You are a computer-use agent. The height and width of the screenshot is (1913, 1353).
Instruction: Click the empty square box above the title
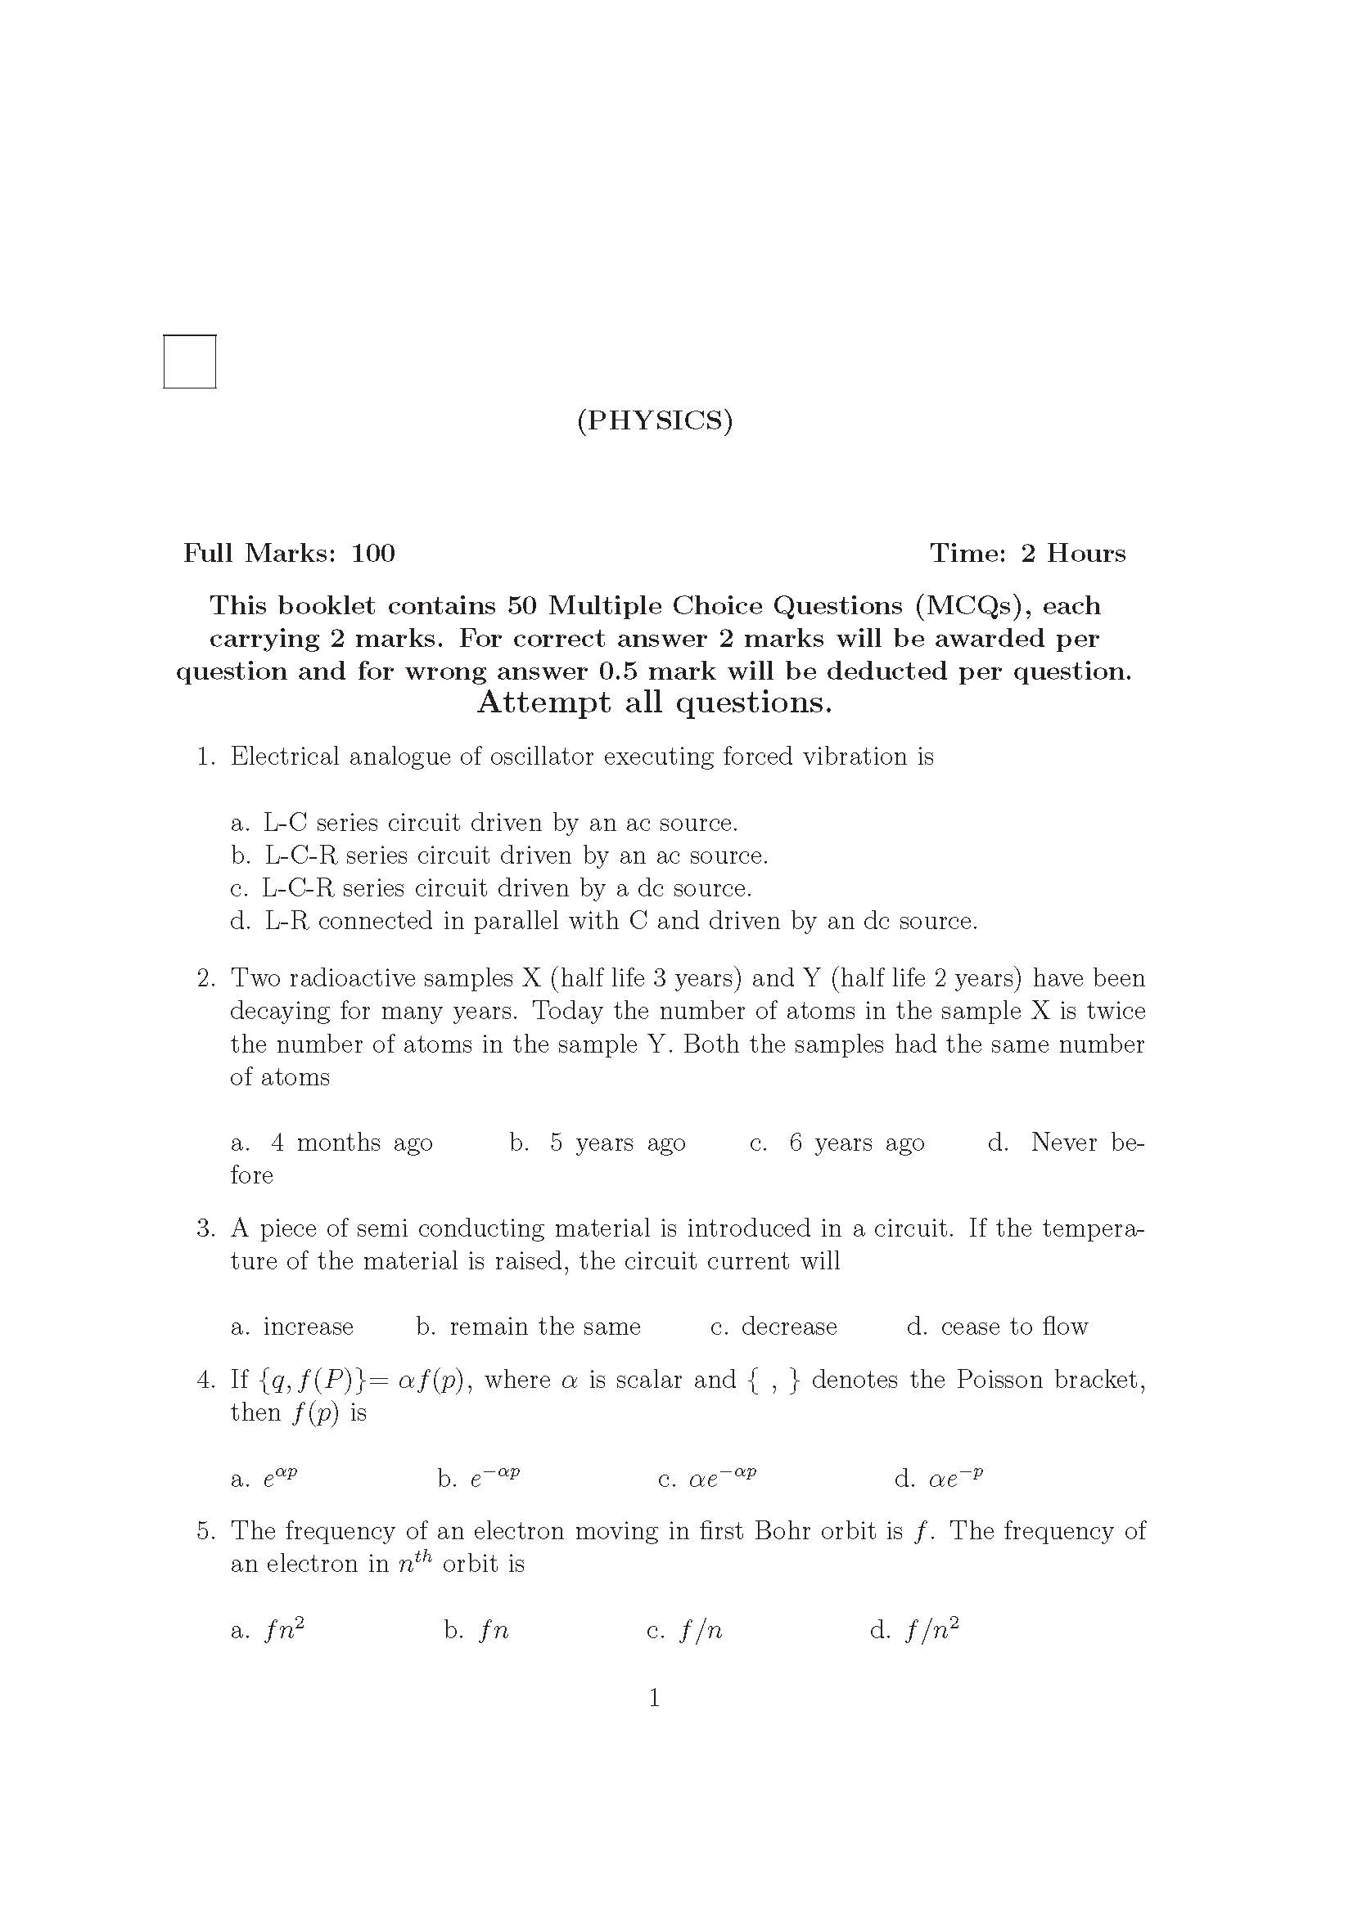pos(189,361)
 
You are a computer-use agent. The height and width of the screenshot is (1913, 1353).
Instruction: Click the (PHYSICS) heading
pos(655,420)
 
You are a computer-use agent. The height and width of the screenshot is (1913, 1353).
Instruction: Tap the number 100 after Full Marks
pos(372,553)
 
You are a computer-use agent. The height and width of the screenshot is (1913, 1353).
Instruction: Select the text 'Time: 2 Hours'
pos(1027,553)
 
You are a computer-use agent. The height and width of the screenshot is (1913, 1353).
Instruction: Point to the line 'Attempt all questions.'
pos(655,703)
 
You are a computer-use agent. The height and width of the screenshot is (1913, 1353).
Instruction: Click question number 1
pos(206,757)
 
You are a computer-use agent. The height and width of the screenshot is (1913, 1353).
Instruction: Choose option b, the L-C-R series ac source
pos(500,855)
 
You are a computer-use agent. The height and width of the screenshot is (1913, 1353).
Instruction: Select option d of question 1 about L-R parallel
pos(604,921)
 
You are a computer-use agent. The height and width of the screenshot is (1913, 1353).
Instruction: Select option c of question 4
pos(707,1479)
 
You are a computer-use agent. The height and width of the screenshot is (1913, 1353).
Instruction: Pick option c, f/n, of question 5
pos(685,1631)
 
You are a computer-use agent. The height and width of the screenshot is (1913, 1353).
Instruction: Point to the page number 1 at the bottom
pos(655,1697)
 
